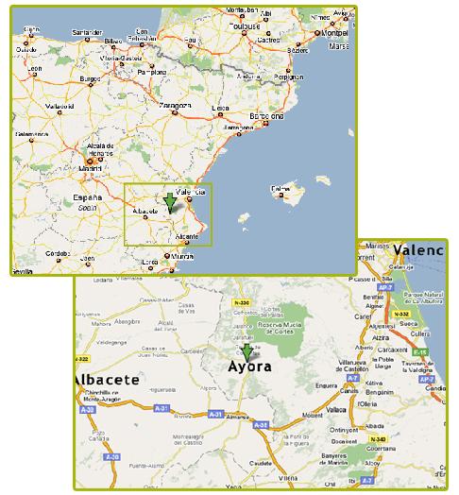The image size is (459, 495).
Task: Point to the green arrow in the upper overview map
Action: [x=169, y=200]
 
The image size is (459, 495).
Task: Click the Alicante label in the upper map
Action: [x=188, y=235]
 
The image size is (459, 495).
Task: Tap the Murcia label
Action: [x=182, y=256]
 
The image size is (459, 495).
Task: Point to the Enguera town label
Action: [x=326, y=386]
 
